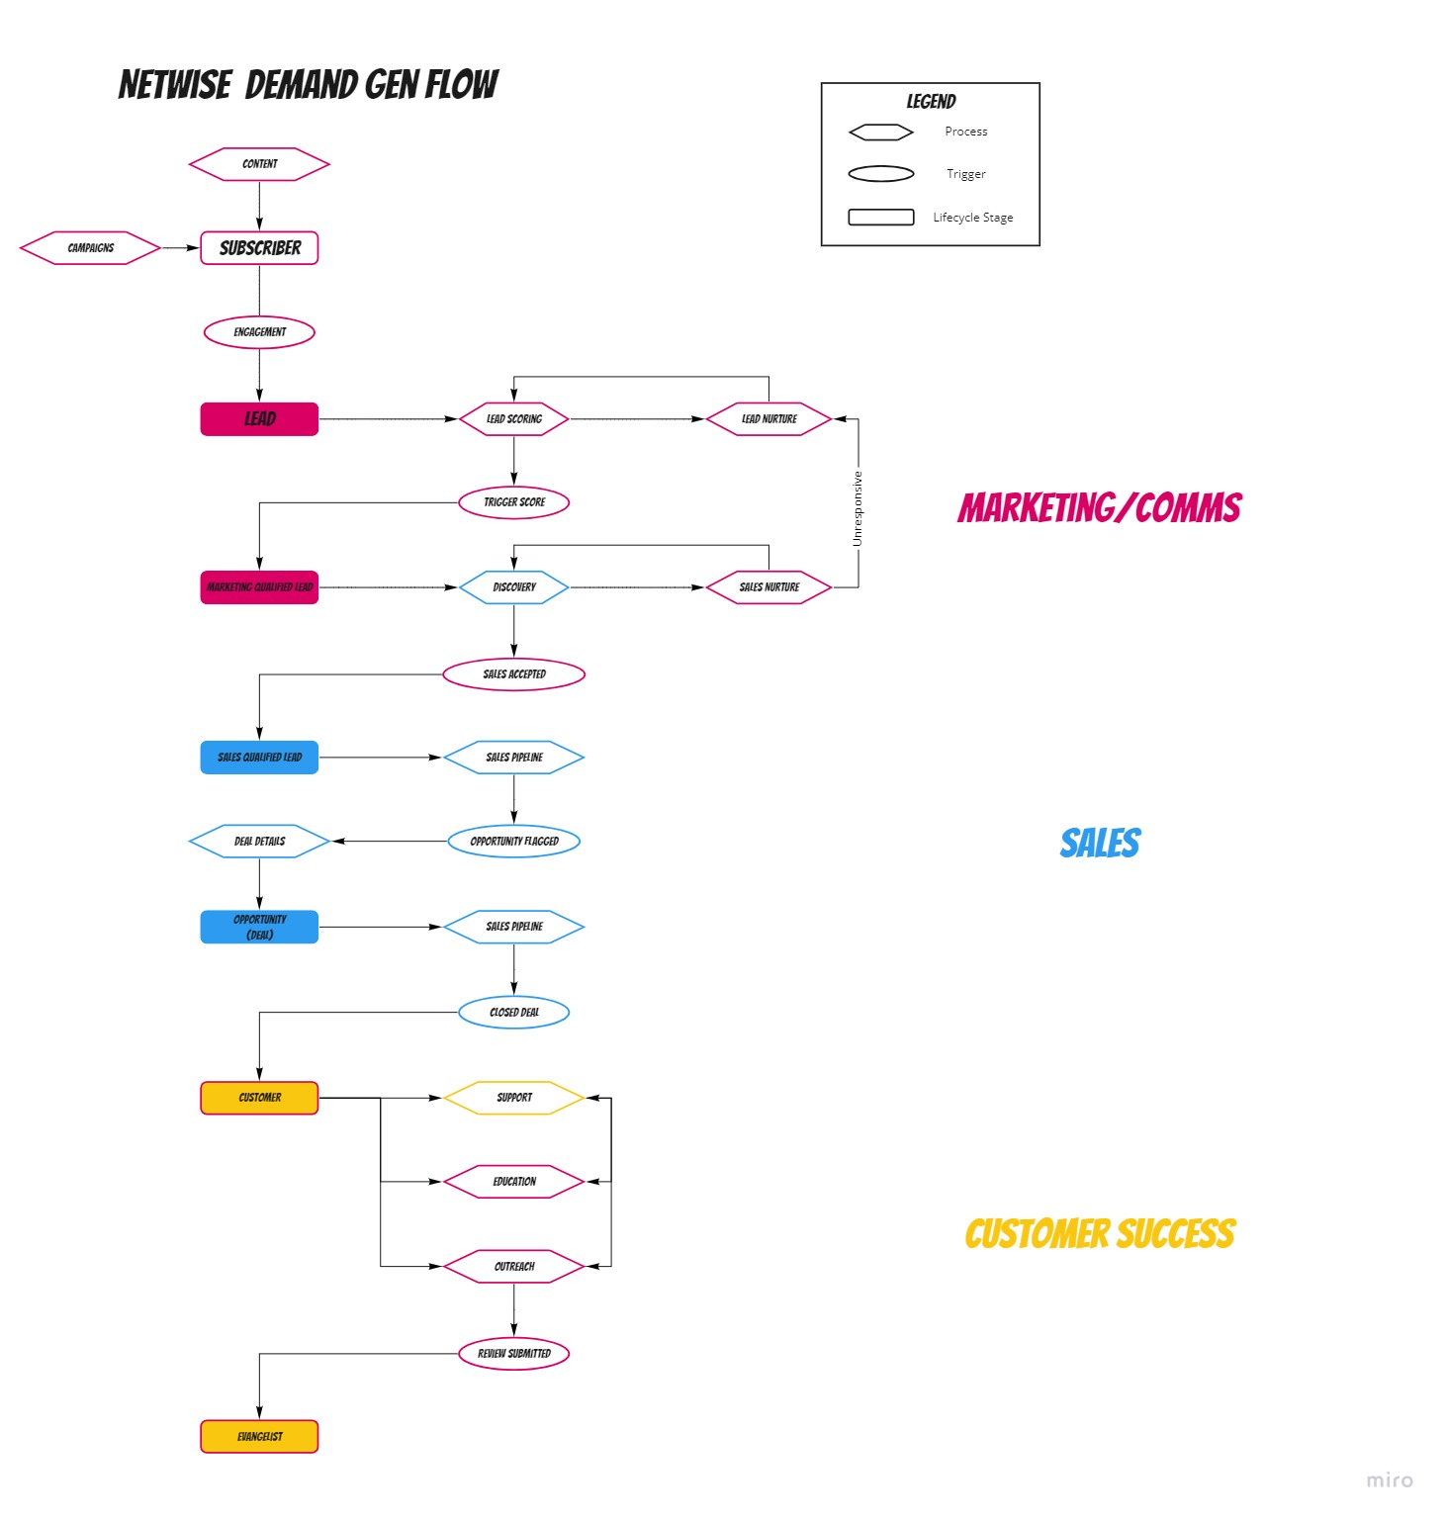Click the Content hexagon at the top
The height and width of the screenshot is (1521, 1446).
pyautogui.click(x=259, y=164)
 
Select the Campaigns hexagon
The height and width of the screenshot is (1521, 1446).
pyautogui.click(x=90, y=248)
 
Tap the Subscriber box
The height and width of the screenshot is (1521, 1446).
pyautogui.click(x=259, y=248)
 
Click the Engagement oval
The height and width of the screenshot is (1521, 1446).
pyautogui.click(x=259, y=332)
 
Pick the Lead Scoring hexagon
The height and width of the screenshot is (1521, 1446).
pyautogui.click(x=513, y=419)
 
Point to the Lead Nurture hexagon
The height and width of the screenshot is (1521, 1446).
pyautogui.click(x=768, y=419)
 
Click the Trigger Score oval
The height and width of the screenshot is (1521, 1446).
pyautogui.click(x=513, y=502)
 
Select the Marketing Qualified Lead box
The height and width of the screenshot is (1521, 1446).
pyautogui.click(x=259, y=587)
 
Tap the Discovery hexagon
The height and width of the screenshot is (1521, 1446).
pyautogui.click(x=513, y=587)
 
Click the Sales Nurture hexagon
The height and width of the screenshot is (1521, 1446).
pyautogui.click(x=768, y=587)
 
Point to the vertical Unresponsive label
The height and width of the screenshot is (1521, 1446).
pyautogui.click(x=858, y=508)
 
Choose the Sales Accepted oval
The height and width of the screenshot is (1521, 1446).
pyautogui.click(x=513, y=674)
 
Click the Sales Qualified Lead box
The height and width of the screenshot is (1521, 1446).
pyautogui.click(x=259, y=758)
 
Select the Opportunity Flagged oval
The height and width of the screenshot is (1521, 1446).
pyautogui.click(x=513, y=842)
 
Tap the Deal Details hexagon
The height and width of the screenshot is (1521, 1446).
pyautogui.click(x=259, y=842)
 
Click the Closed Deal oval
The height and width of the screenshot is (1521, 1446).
pyautogui.click(x=513, y=1013)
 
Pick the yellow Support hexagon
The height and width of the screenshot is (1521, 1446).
pyautogui.click(x=513, y=1098)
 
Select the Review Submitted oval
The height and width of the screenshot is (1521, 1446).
pyautogui.click(x=513, y=1354)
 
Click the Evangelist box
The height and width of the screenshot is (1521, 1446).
pyautogui.click(x=259, y=1437)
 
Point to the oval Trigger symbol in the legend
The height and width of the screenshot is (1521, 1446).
pyautogui.click(x=880, y=174)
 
